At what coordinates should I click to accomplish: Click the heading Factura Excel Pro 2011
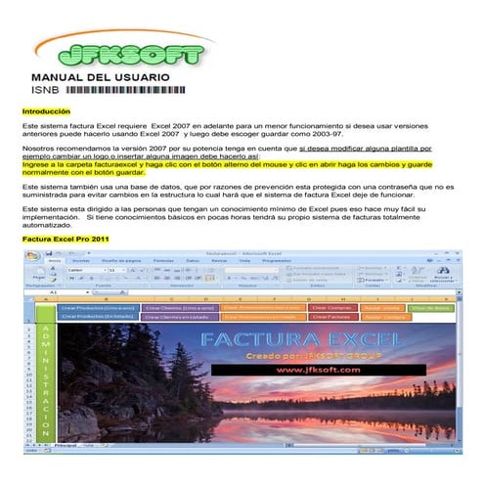tap(66, 239)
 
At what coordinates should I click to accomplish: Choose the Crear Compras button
tap(331, 306)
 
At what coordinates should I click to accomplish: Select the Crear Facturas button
tap(331, 317)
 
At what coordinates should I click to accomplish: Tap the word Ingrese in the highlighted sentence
tap(36, 165)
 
